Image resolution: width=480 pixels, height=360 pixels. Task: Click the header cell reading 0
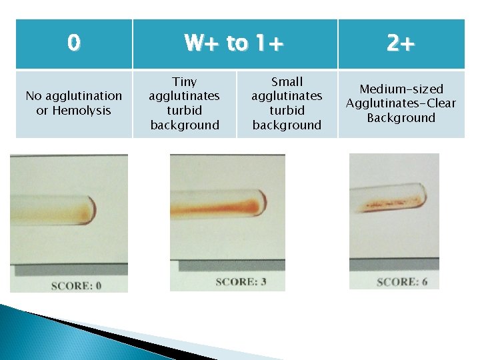(73, 43)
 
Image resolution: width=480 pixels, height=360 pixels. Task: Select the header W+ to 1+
(235, 43)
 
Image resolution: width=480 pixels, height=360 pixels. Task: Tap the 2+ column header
(401, 43)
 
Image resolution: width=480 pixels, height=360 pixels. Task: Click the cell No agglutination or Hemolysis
(73, 103)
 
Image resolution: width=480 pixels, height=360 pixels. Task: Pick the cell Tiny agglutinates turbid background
(185, 103)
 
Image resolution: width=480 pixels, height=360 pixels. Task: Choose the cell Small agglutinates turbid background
(287, 103)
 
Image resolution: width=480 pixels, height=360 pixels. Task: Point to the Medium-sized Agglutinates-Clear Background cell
(401, 103)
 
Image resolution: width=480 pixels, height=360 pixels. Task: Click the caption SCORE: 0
(76, 285)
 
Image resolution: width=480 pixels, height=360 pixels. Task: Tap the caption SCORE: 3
(241, 282)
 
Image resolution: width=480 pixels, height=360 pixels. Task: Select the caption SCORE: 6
(402, 282)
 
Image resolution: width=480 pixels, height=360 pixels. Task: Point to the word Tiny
(185, 82)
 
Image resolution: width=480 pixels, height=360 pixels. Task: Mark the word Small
(287, 82)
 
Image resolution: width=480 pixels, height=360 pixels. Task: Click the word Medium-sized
(401, 89)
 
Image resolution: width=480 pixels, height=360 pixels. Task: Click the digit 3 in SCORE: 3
(263, 282)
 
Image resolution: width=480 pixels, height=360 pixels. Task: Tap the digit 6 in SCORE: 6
(424, 282)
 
